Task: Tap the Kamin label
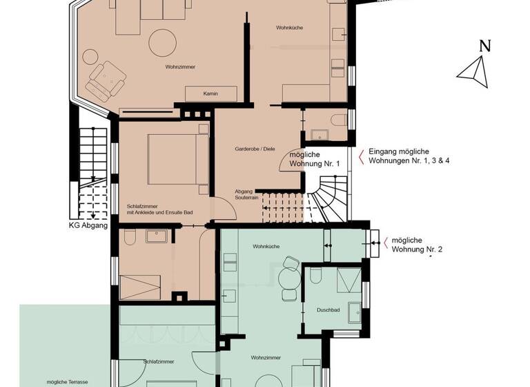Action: coord(210,93)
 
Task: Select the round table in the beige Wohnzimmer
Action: coord(164,43)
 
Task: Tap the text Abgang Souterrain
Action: coord(246,194)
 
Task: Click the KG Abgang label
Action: coord(88,225)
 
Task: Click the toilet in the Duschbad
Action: coord(315,277)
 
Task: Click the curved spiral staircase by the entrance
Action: coord(330,199)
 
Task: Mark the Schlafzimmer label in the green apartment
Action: coord(159,361)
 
